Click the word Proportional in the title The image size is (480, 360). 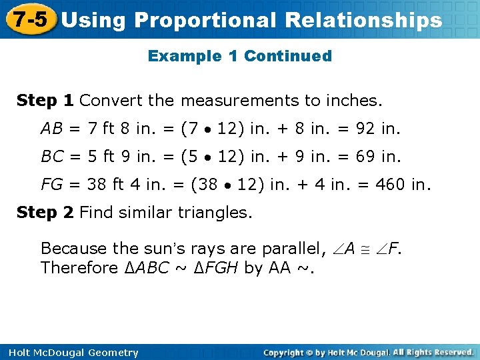[204, 21]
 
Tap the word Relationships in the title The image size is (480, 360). [363, 21]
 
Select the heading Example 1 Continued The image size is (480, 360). [239, 56]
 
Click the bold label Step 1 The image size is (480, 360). [45, 101]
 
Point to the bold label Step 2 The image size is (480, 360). [45, 213]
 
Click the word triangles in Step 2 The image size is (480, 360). [216, 213]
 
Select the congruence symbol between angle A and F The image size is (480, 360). [365, 249]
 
